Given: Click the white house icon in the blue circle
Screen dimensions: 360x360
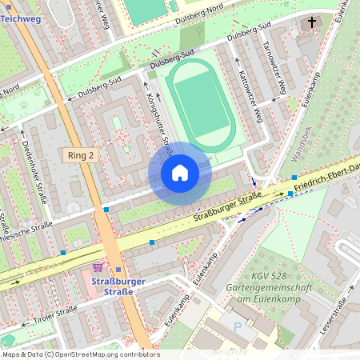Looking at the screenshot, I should click(x=180, y=173).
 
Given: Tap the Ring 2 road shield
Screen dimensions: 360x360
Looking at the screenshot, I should click(x=81, y=155).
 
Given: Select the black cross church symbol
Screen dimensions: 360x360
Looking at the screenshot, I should click(x=310, y=23).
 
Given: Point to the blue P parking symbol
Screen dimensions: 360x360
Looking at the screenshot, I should click(x=237, y=326).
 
